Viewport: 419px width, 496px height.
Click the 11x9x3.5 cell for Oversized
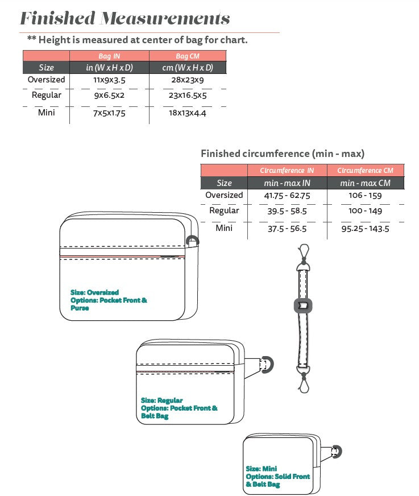109,80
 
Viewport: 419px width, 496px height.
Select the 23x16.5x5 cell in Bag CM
188,95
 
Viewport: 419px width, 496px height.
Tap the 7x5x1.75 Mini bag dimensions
109,113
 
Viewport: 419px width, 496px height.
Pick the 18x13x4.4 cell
188,113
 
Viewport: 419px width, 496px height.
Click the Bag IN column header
109,56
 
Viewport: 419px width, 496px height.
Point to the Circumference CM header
365,171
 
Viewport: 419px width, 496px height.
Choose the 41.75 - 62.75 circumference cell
287,196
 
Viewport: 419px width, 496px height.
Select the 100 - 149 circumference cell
365,210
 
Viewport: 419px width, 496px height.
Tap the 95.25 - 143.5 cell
365,229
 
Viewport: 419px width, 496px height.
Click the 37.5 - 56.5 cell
287,229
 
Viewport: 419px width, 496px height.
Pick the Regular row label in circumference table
224,210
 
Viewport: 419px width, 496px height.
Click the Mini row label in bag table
46,113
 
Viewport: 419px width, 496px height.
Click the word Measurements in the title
165,18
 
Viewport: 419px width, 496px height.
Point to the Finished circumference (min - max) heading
283,154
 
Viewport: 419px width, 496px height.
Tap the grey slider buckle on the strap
303,305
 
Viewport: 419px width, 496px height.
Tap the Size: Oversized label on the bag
94,292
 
